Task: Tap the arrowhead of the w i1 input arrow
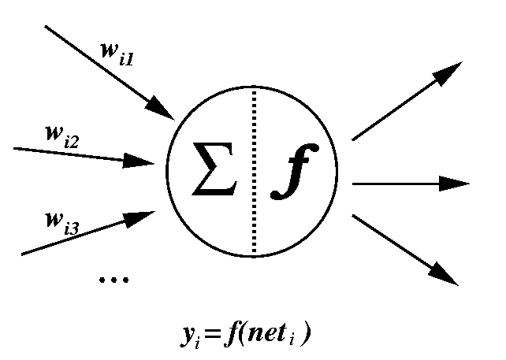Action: [164, 109]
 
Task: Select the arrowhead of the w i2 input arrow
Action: [143, 161]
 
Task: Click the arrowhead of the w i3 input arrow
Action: [146, 215]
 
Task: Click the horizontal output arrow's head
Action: [456, 184]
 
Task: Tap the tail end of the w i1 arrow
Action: [47, 26]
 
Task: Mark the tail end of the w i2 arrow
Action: [16, 147]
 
